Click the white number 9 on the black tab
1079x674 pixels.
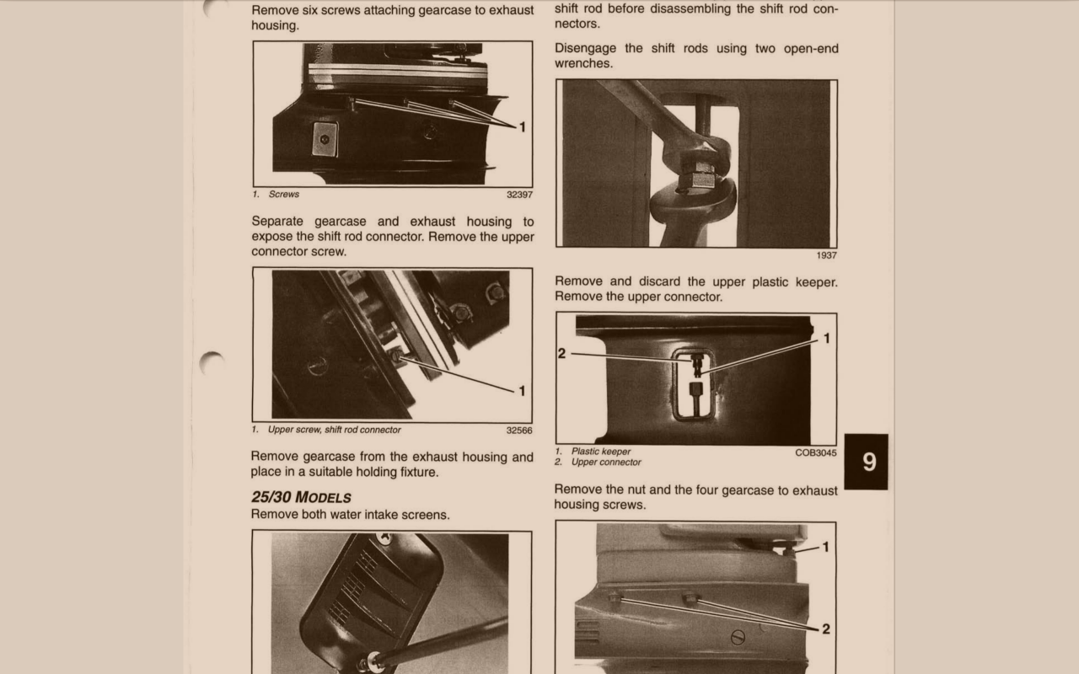869,462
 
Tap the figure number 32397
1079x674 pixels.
519,195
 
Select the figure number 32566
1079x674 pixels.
518,431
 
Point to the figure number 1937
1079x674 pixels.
826,255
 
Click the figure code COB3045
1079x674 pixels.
815,452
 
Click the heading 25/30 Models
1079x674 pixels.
301,497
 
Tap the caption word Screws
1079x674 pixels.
284,194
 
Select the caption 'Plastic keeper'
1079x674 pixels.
601,451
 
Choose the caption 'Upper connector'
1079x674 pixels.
606,463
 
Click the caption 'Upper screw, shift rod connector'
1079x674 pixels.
335,430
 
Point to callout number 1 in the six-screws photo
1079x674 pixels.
522,127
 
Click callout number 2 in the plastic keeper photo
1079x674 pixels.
561,353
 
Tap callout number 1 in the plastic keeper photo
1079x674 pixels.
827,339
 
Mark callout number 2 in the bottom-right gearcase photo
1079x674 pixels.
825,629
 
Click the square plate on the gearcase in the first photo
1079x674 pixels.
325,139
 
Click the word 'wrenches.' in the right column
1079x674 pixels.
583,63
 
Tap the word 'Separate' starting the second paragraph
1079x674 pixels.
277,222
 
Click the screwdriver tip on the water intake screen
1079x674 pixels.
374,659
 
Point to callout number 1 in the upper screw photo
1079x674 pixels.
522,391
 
